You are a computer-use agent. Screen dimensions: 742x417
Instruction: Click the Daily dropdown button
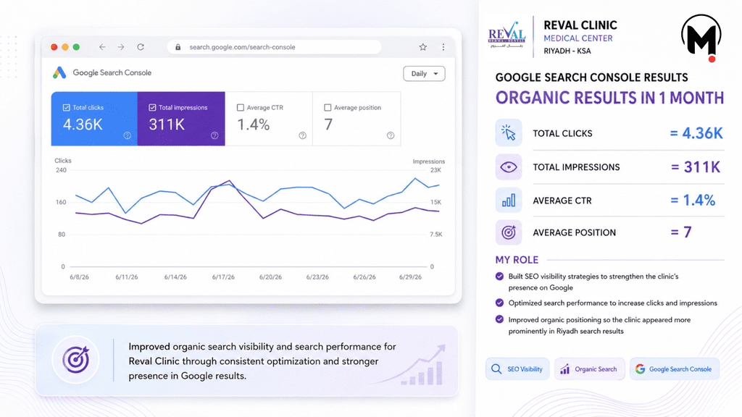(x=424, y=74)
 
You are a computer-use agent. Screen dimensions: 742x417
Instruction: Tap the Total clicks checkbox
(x=66, y=107)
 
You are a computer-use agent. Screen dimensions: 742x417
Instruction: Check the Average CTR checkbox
(x=241, y=107)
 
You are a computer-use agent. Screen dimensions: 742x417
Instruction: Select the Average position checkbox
(x=328, y=107)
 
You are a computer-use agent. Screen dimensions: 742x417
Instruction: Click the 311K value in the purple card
(x=167, y=125)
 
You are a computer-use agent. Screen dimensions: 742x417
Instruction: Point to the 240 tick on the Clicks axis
(x=61, y=170)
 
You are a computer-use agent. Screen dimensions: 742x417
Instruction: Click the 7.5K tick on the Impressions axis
(x=435, y=235)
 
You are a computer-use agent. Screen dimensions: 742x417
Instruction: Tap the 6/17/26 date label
(x=223, y=277)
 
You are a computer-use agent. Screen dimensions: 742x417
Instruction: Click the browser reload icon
(x=141, y=47)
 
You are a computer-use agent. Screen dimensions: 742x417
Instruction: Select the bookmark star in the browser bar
(x=423, y=47)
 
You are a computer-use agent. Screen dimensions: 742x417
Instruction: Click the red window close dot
(x=54, y=47)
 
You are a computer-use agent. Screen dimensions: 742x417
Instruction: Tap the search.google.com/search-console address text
(x=242, y=47)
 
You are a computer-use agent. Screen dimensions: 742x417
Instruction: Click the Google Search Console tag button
(x=675, y=368)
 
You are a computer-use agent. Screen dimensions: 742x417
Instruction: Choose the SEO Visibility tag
(x=517, y=368)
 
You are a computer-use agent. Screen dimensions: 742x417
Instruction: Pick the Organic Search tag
(x=590, y=368)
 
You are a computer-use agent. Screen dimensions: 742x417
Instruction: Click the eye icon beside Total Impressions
(x=509, y=167)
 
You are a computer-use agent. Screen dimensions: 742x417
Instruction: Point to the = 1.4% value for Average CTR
(x=693, y=200)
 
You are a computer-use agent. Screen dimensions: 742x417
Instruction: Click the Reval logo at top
(x=507, y=35)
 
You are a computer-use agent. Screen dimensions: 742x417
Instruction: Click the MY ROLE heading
(x=517, y=260)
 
